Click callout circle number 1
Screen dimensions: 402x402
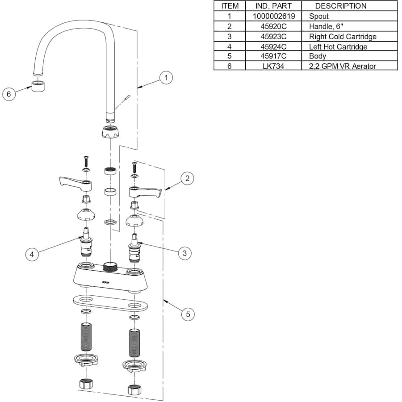click(x=166, y=78)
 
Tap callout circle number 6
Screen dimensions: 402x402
click(x=9, y=94)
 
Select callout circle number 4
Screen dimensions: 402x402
click(x=32, y=254)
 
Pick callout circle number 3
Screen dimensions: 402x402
click(x=184, y=253)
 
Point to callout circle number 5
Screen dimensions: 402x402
click(x=188, y=314)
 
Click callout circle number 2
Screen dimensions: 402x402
click(x=187, y=178)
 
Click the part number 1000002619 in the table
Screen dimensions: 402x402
click(x=273, y=16)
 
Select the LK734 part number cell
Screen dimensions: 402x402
click(x=273, y=66)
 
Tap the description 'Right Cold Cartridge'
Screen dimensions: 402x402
click(x=343, y=37)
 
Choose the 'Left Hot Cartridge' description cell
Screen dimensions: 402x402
click(x=338, y=46)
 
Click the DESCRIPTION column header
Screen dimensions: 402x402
click(x=341, y=6)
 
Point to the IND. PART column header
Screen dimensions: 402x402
click(x=273, y=6)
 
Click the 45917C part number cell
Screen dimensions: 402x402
click(x=273, y=56)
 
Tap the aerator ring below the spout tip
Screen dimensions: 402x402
click(x=38, y=86)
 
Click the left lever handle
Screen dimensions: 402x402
click(x=75, y=184)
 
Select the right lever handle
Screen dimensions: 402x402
click(x=145, y=192)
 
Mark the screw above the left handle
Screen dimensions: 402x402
click(x=86, y=162)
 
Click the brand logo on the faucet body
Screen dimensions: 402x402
click(x=105, y=283)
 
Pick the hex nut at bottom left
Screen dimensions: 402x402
click(x=86, y=383)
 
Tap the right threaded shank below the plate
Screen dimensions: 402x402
click(x=134, y=343)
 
